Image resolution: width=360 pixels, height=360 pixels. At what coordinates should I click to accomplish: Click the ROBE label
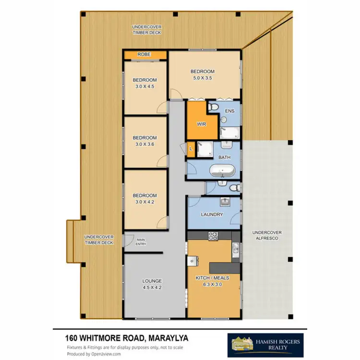[x=144, y=55]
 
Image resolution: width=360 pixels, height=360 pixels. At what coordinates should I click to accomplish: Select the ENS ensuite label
[x=229, y=111]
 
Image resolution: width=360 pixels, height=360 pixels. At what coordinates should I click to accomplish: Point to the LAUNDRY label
[x=212, y=215]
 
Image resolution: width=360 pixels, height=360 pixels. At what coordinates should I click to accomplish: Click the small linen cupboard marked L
[x=191, y=149]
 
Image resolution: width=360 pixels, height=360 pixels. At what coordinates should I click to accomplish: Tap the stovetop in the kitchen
[x=213, y=236]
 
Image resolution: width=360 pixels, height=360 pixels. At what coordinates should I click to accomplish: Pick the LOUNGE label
[x=152, y=281]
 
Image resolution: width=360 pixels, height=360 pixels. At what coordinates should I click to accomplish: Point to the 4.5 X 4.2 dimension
[x=152, y=288]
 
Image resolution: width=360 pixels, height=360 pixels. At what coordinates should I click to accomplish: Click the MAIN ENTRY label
[x=141, y=241]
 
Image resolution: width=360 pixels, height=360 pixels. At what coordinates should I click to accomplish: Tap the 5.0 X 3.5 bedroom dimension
[x=204, y=78]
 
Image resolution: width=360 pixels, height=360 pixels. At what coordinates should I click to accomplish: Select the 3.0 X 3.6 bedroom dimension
[x=145, y=144]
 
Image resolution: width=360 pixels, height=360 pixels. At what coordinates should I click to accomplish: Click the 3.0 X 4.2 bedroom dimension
[x=145, y=202]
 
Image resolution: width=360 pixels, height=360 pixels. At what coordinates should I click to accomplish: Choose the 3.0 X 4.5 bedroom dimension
[x=145, y=87]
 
